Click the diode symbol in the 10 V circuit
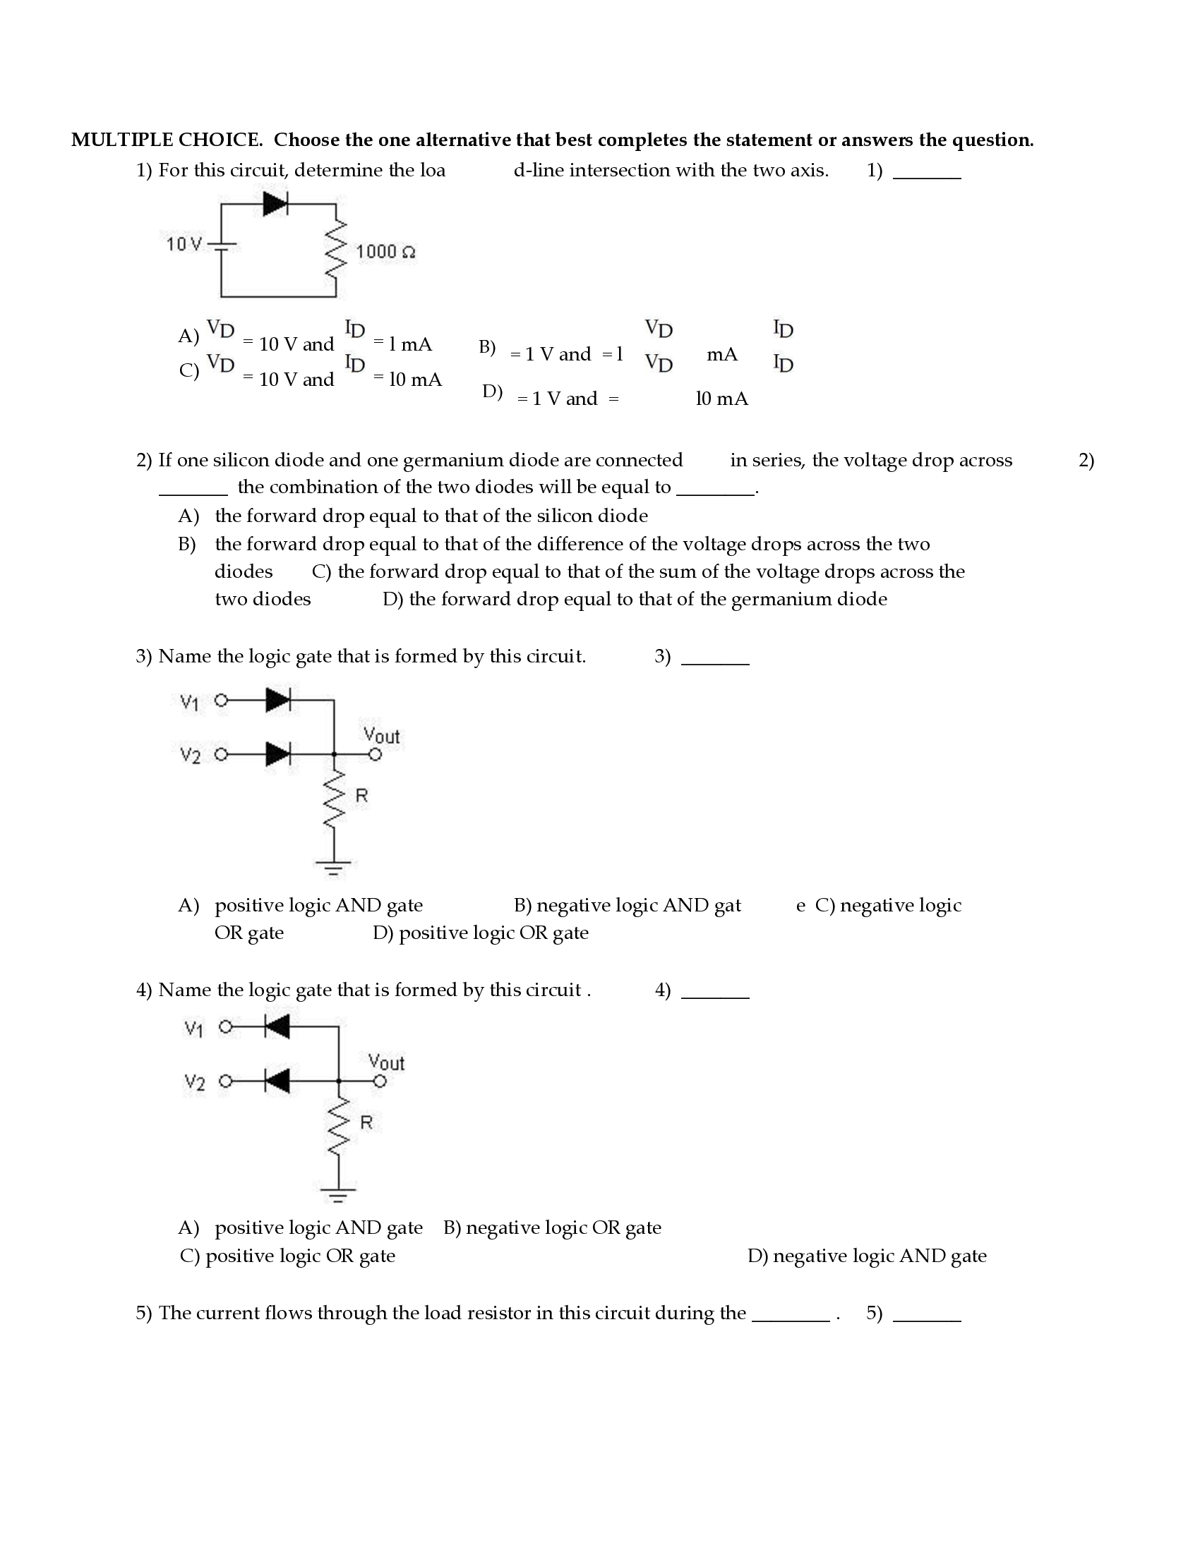point(275,204)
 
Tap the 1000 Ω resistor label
point(385,252)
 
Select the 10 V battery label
point(184,245)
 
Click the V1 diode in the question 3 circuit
point(278,700)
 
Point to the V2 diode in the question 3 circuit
point(278,754)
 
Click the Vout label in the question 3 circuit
point(381,736)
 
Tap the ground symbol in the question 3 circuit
point(332,868)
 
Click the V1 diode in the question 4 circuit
point(277,1026)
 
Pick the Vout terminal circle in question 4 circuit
point(380,1081)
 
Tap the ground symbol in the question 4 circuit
point(337,1195)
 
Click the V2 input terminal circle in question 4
point(225,1081)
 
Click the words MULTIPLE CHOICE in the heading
point(167,140)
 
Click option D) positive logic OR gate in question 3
point(481,933)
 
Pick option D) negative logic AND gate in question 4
point(867,1256)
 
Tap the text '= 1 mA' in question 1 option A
point(402,344)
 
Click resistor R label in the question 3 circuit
point(361,796)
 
